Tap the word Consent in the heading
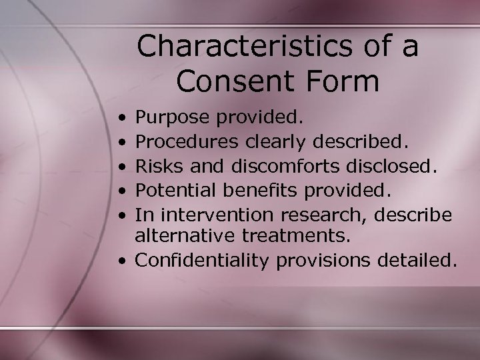(x=234, y=81)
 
